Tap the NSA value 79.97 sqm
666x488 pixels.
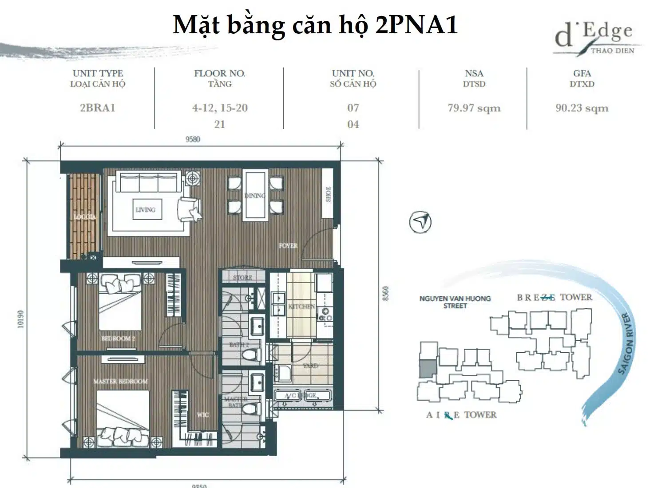click(x=474, y=108)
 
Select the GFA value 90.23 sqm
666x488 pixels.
click(x=582, y=108)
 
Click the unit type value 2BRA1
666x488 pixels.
click(x=97, y=108)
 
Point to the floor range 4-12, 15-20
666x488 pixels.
click(x=220, y=108)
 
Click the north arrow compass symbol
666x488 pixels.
click(x=420, y=222)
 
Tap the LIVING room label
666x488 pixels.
click(x=145, y=209)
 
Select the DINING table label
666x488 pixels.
click(x=254, y=196)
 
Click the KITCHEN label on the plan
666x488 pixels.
click(x=301, y=307)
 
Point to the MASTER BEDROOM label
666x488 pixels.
click(x=120, y=381)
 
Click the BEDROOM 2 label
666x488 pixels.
click(x=118, y=338)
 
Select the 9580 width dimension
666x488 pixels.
click(x=193, y=139)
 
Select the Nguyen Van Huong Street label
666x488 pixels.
click(x=455, y=302)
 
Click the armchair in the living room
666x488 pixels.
click(x=188, y=208)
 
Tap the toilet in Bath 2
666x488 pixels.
click(x=249, y=355)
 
